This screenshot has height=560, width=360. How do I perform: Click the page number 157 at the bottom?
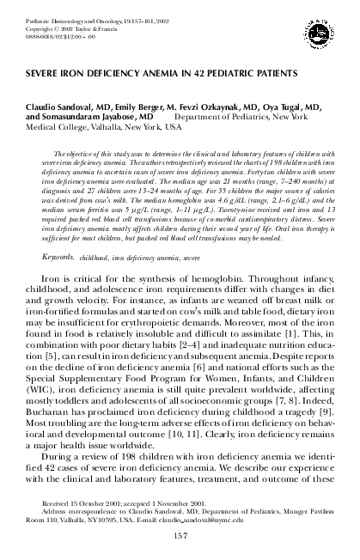tap(180, 537)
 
